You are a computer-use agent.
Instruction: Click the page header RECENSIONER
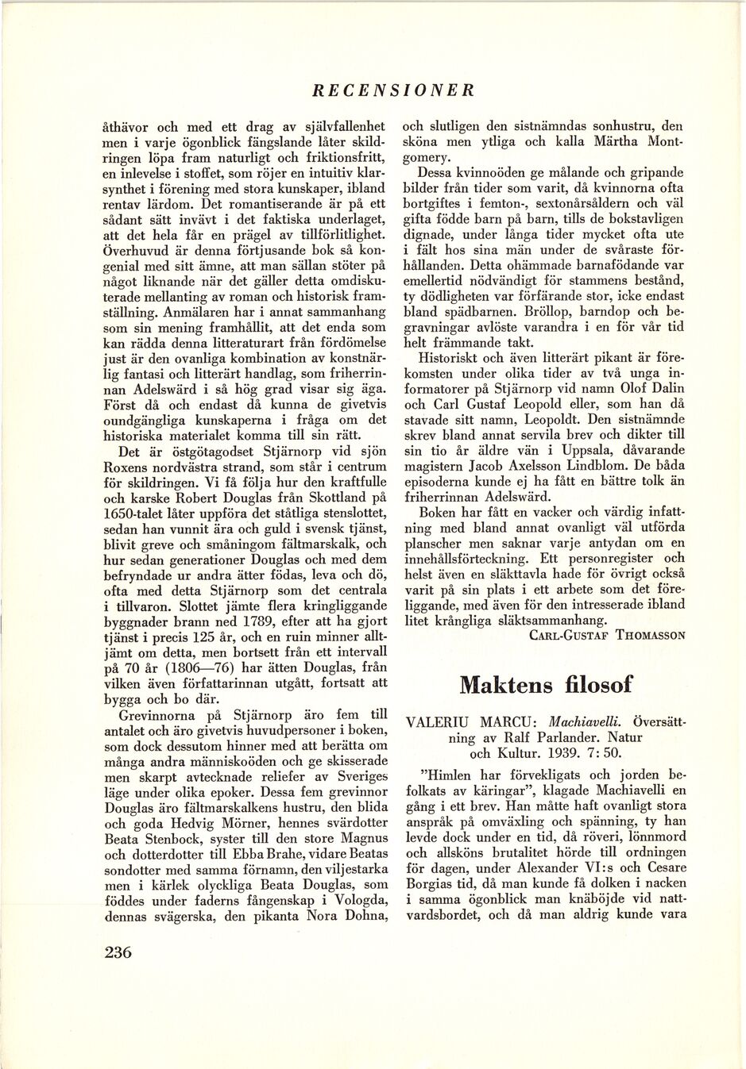click(393, 90)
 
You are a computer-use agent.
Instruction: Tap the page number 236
click(118, 952)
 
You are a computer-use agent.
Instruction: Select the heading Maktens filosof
click(547, 683)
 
